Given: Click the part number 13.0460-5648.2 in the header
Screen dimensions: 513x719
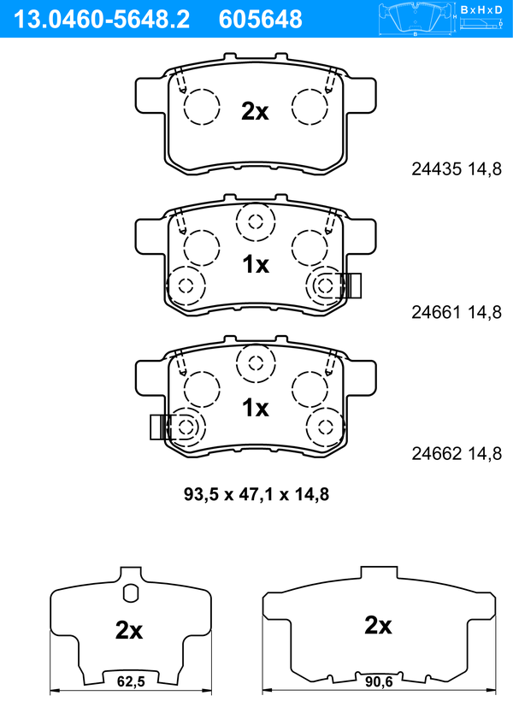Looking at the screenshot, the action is coord(102,20).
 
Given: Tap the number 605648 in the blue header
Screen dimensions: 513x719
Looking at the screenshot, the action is coord(261,20).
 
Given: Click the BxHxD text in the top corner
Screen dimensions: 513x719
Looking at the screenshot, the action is coord(481,9).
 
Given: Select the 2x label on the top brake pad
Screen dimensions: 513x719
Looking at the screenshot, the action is coord(255,111).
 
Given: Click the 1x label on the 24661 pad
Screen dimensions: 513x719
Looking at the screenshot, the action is coord(256,264).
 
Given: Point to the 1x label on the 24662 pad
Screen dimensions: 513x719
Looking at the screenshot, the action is coord(256,407).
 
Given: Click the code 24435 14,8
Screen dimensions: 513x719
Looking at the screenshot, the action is coord(457,169).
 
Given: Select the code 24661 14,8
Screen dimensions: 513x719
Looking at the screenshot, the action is coord(457,312).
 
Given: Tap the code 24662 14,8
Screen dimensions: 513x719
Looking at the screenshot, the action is coord(457,453).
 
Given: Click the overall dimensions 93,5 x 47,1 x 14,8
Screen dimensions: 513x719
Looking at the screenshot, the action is coord(256,494).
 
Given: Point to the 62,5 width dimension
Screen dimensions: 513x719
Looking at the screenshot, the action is coord(131,682).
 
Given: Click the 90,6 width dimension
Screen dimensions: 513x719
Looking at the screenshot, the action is coord(379,682).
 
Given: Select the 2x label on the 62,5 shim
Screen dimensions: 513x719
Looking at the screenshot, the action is coord(129,630).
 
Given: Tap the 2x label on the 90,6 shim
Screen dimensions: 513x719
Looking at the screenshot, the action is coord(378,625).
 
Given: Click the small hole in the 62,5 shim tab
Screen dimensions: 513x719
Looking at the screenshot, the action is coord(130,592).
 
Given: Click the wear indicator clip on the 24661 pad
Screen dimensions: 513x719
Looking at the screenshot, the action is coord(351,286).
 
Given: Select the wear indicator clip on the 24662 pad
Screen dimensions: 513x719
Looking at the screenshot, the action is coord(160,427).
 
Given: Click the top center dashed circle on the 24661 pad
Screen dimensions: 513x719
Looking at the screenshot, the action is coord(256,222).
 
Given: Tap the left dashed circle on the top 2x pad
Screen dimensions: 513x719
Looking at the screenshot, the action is coord(202,106).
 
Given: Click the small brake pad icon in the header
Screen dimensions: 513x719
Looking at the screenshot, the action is coord(417,19).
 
